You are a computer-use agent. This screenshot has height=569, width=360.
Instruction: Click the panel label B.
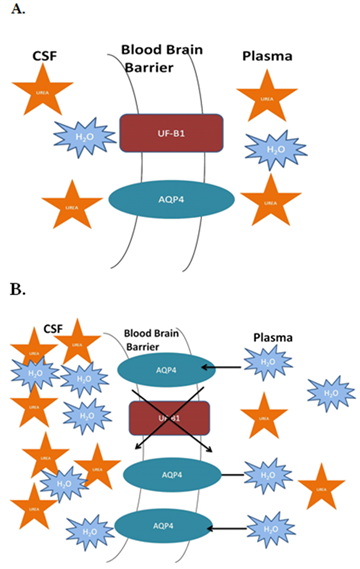(x=17, y=290)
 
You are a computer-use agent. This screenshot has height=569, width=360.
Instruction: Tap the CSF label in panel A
(x=46, y=57)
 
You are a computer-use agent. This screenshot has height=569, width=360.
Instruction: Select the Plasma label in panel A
(x=267, y=56)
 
